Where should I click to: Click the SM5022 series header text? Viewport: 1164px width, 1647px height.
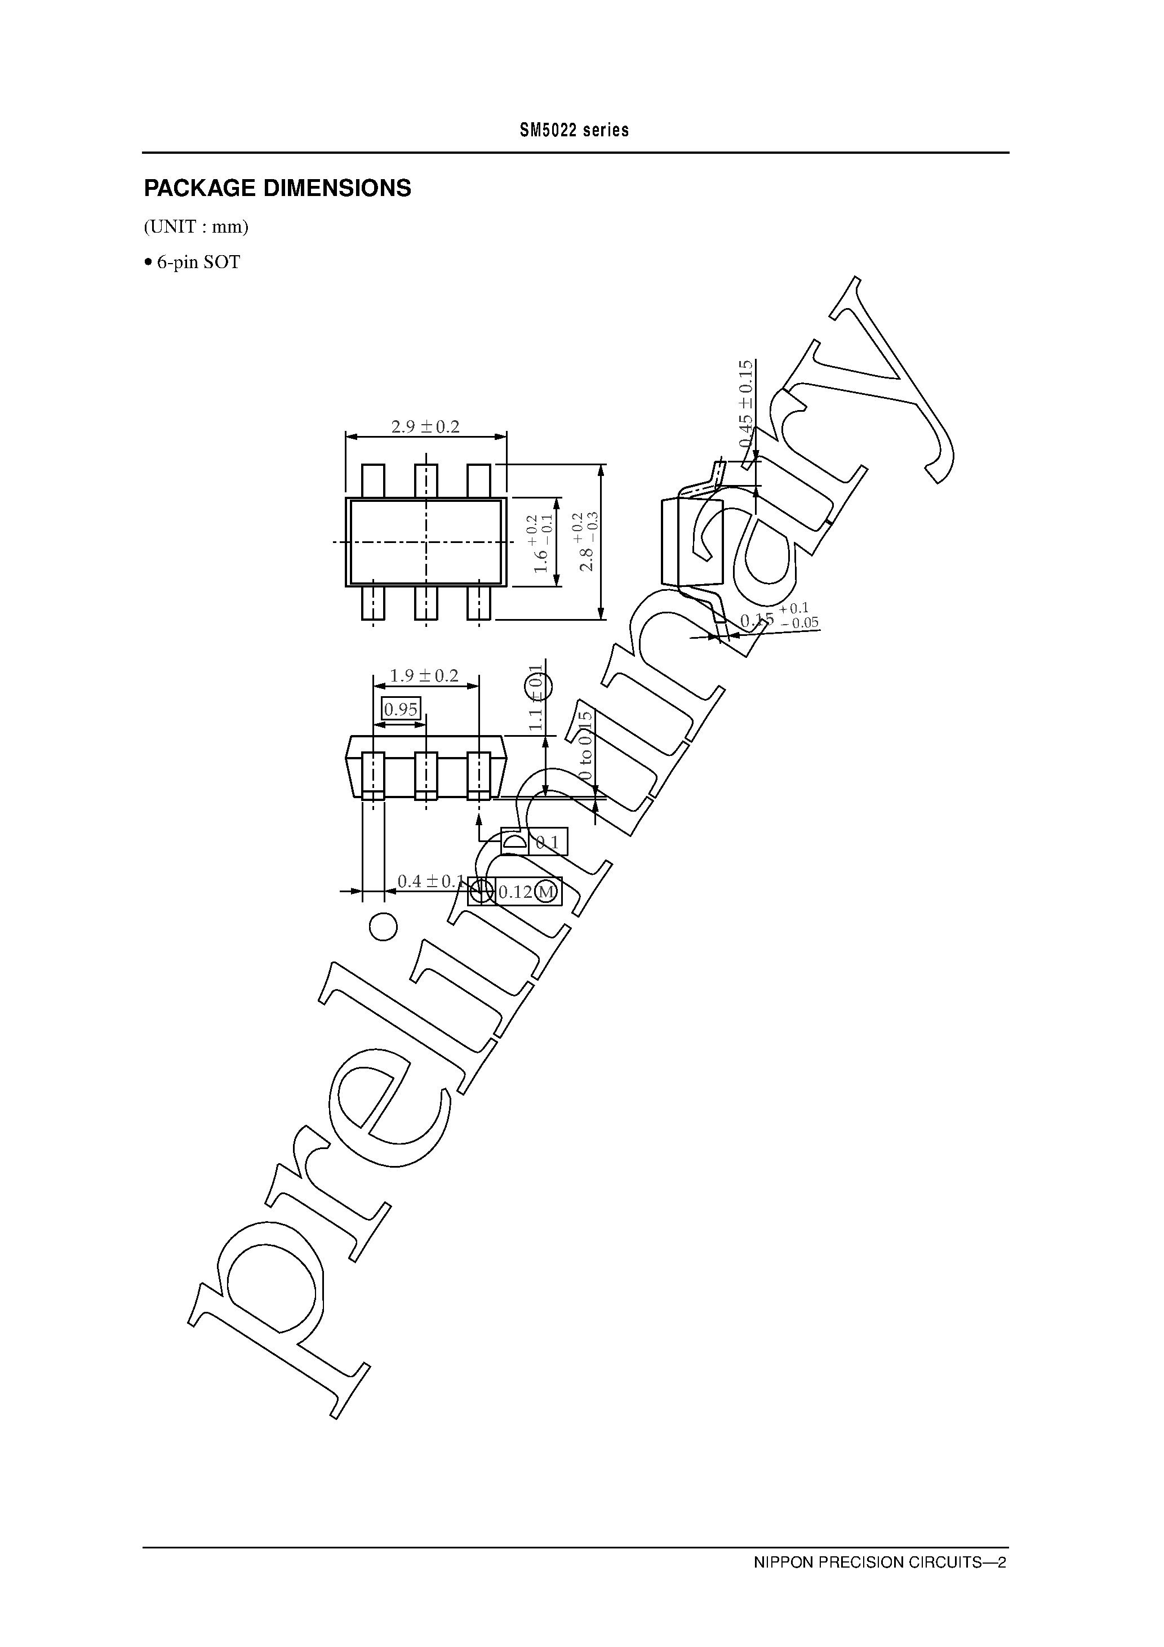(x=574, y=131)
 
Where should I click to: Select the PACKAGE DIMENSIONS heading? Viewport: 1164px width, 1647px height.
(x=277, y=189)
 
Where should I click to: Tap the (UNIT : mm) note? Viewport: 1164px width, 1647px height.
(x=196, y=228)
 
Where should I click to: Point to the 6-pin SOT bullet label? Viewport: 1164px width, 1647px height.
(x=192, y=262)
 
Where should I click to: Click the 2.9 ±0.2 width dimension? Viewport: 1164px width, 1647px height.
(x=425, y=427)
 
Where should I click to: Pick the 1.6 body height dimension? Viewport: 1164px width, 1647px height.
(x=543, y=543)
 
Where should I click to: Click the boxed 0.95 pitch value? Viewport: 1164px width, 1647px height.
(x=401, y=710)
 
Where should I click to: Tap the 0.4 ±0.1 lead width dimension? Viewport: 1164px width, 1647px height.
(x=430, y=881)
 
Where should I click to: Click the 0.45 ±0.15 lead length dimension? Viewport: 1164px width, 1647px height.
(x=747, y=406)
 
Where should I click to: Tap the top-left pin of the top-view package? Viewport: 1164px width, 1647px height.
(x=372, y=480)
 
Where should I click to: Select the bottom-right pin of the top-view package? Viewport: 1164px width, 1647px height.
(x=479, y=603)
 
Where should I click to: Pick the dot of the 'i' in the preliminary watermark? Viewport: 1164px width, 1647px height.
(x=383, y=926)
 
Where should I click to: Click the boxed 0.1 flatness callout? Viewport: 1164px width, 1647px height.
(x=548, y=842)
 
